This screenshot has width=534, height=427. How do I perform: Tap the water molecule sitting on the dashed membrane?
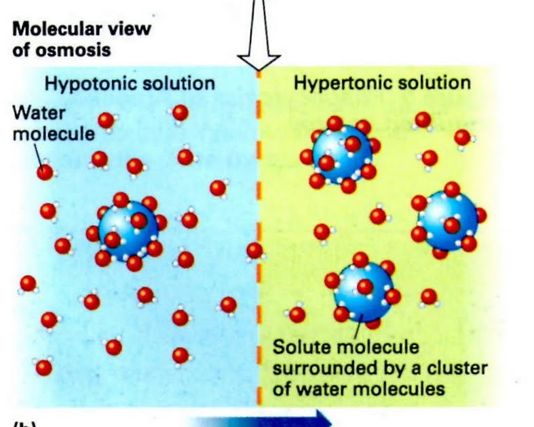(x=255, y=251)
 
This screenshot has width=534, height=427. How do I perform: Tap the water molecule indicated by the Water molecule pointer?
(x=45, y=171)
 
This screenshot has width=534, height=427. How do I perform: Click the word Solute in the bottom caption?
(x=300, y=348)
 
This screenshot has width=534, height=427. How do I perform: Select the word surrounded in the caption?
(x=321, y=369)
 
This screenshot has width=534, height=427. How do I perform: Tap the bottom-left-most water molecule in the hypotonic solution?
(x=44, y=367)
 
